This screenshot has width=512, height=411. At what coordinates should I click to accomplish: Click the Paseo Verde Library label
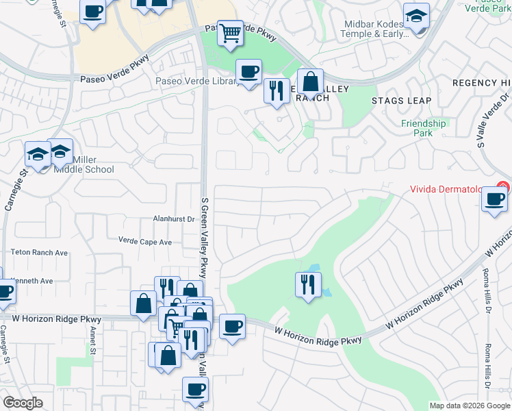(x=199, y=82)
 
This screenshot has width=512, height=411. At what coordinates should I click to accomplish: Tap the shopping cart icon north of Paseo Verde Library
(x=231, y=32)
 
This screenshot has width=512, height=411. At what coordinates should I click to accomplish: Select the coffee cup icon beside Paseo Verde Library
(x=248, y=71)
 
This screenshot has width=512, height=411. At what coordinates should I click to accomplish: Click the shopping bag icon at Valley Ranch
(x=310, y=82)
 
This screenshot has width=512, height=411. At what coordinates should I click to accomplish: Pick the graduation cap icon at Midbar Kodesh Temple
(x=415, y=17)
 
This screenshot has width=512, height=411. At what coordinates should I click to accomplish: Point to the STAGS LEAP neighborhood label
(x=401, y=101)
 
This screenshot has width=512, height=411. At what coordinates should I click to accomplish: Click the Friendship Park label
(x=424, y=128)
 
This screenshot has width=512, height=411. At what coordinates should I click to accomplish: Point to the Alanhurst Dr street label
(x=173, y=220)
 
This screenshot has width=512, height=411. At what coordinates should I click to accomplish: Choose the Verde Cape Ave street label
(x=145, y=242)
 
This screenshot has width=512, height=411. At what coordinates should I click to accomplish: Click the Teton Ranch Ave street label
(x=39, y=253)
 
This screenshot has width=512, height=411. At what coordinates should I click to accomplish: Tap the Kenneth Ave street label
(x=33, y=281)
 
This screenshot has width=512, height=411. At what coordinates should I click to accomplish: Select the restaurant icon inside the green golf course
(x=308, y=283)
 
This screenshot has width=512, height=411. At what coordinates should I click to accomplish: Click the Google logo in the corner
(x=23, y=403)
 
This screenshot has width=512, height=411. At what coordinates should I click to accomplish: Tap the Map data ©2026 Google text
(x=469, y=406)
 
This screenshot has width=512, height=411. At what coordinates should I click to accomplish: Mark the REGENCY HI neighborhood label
(x=482, y=83)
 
